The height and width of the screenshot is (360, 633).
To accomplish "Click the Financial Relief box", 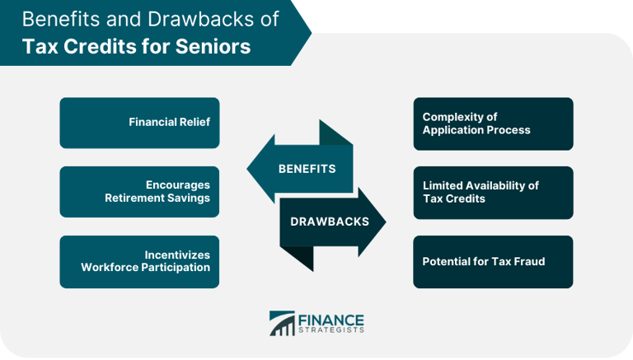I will pyautogui.click(x=139, y=123).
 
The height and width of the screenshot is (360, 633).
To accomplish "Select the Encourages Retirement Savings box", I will pyautogui.click(x=139, y=191).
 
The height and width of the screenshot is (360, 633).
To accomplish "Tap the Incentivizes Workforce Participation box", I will pyautogui.click(x=139, y=261).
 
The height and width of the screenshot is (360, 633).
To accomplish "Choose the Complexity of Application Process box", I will pyautogui.click(x=493, y=124).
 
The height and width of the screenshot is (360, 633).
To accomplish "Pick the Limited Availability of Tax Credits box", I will pyautogui.click(x=493, y=192).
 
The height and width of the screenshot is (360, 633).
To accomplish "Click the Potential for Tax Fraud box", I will pyautogui.click(x=493, y=262).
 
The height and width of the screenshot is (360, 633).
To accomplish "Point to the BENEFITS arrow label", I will pyautogui.click(x=307, y=169).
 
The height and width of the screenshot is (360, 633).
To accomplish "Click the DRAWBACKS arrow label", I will pyautogui.click(x=329, y=222).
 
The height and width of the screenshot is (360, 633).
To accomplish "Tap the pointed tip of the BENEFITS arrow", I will pyautogui.click(x=250, y=169).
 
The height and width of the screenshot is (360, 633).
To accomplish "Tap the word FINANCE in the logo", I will pyautogui.click(x=331, y=319).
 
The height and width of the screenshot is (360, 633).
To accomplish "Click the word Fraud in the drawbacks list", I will pyautogui.click(x=528, y=262).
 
